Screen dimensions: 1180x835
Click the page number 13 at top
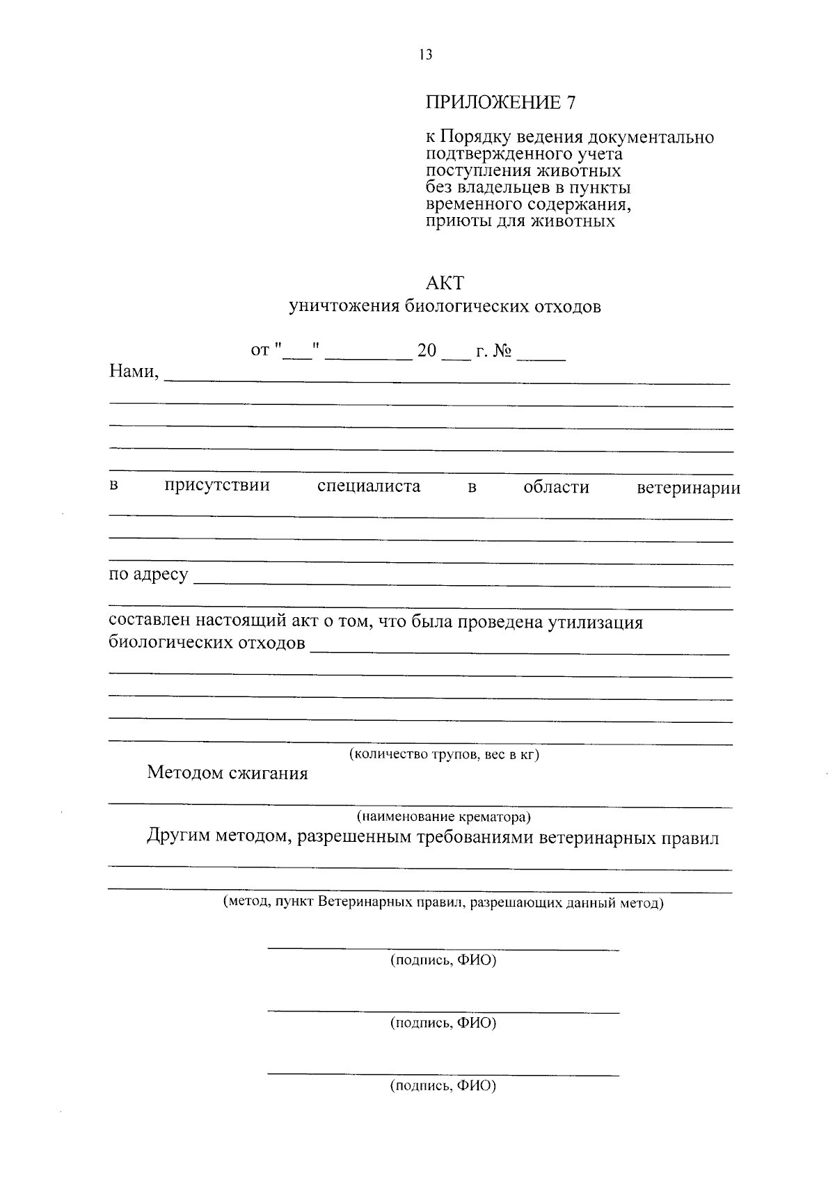tap(426, 55)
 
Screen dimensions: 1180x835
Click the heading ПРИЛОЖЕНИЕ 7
tap(501, 102)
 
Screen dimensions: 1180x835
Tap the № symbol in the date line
tap(502, 351)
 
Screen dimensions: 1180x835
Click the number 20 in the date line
tap(427, 351)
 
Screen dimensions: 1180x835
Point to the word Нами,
tap(134, 372)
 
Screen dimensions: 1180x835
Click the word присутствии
tap(217, 486)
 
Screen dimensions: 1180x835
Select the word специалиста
tap(369, 486)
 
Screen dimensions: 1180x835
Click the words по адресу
tap(148, 575)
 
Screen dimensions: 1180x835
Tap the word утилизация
tap(595, 622)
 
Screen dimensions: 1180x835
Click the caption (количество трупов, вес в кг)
tap(444, 754)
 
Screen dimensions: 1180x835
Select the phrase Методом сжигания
tap(228, 774)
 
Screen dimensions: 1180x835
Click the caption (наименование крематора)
tap(444, 816)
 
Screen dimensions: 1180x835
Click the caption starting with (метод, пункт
tap(443, 903)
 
